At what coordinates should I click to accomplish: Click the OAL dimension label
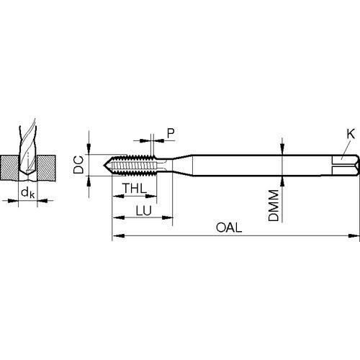[229, 228]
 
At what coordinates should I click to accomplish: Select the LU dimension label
[144, 211]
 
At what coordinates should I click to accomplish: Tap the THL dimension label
[135, 188]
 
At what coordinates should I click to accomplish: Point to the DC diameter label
[78, 165]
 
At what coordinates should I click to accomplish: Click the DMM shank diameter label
[274, 205]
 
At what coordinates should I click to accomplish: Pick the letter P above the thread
[171, 133]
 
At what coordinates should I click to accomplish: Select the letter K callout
[351, 134]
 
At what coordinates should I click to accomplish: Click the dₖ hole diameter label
[28, 193]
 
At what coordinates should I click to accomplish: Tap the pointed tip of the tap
[104, 165]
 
